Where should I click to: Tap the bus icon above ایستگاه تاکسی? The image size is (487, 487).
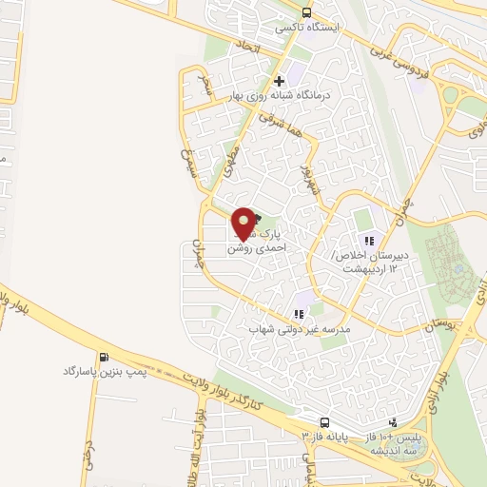tap(306, 12)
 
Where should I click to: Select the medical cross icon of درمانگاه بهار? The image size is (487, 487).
tap(279, 81)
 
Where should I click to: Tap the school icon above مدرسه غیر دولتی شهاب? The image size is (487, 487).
tap(300, 313)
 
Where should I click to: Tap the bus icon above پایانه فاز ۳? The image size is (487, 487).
tap(324, 421)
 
